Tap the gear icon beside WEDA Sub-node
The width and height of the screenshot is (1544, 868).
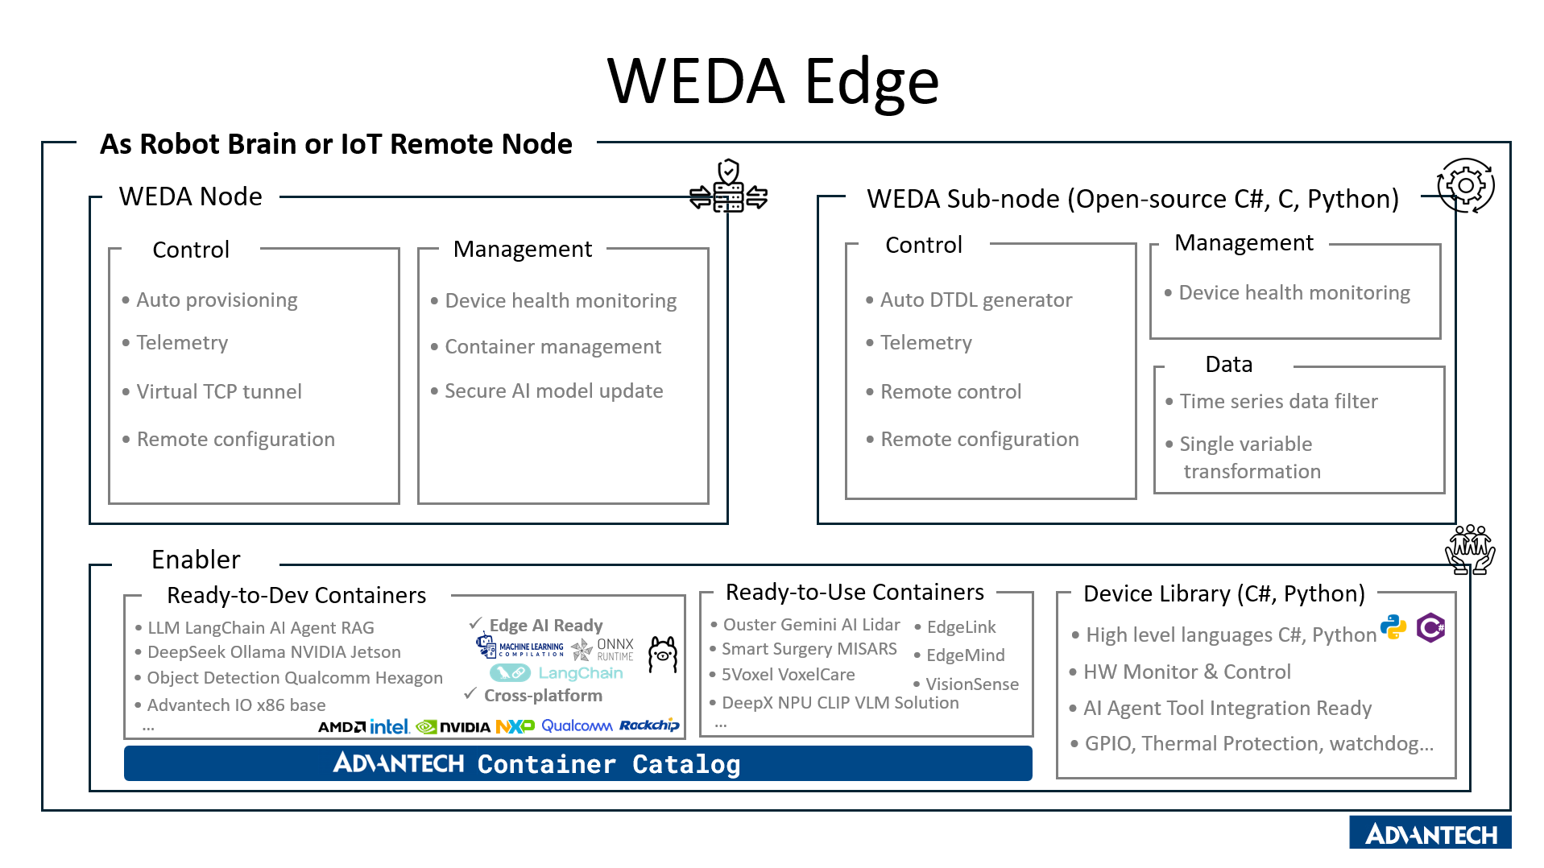pyautogui.click(x=1465, y=186)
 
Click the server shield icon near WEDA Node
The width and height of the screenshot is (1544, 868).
pyautogui.click(x=728, y=187)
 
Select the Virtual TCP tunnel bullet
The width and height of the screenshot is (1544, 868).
pyautogui.click(x=218, y=392)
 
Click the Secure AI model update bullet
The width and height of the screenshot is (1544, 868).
pyautogui.click(x=553, y=391)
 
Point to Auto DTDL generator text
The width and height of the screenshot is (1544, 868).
pyautogui.click(x=975, y=300)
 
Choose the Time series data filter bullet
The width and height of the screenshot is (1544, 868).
pyautogui.click(x=1277, y=402)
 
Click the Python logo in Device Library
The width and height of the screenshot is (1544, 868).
pyautogui.click(x=1393, y=627)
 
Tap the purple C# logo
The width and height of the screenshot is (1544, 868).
pyautogui.click(x=1430, y=627)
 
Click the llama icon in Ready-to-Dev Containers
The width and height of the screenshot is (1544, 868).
pyautogui.click(x=663, y=654)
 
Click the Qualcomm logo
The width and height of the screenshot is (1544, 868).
pyautogui.click(x=577, y=726)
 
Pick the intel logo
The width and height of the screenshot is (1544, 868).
pyautogui.click(x=390, y=727)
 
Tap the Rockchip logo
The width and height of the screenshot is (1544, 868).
pyautogui.click(x=649, y=725)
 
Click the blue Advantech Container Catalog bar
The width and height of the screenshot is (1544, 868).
pyautogui.click(x=577, y=763)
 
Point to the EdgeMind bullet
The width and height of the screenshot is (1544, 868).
pyautogui.click(x=965, y=655)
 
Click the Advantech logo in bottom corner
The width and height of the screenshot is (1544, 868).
pyautogui.click(x=1430, y=834)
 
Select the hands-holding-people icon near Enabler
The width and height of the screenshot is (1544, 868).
pyautogui.click(x=1470, y=549)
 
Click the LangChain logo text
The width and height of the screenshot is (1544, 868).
pyautogui.click(x=580, y=673)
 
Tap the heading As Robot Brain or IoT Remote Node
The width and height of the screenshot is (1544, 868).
pyautogui.click(x=336, y=144)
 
